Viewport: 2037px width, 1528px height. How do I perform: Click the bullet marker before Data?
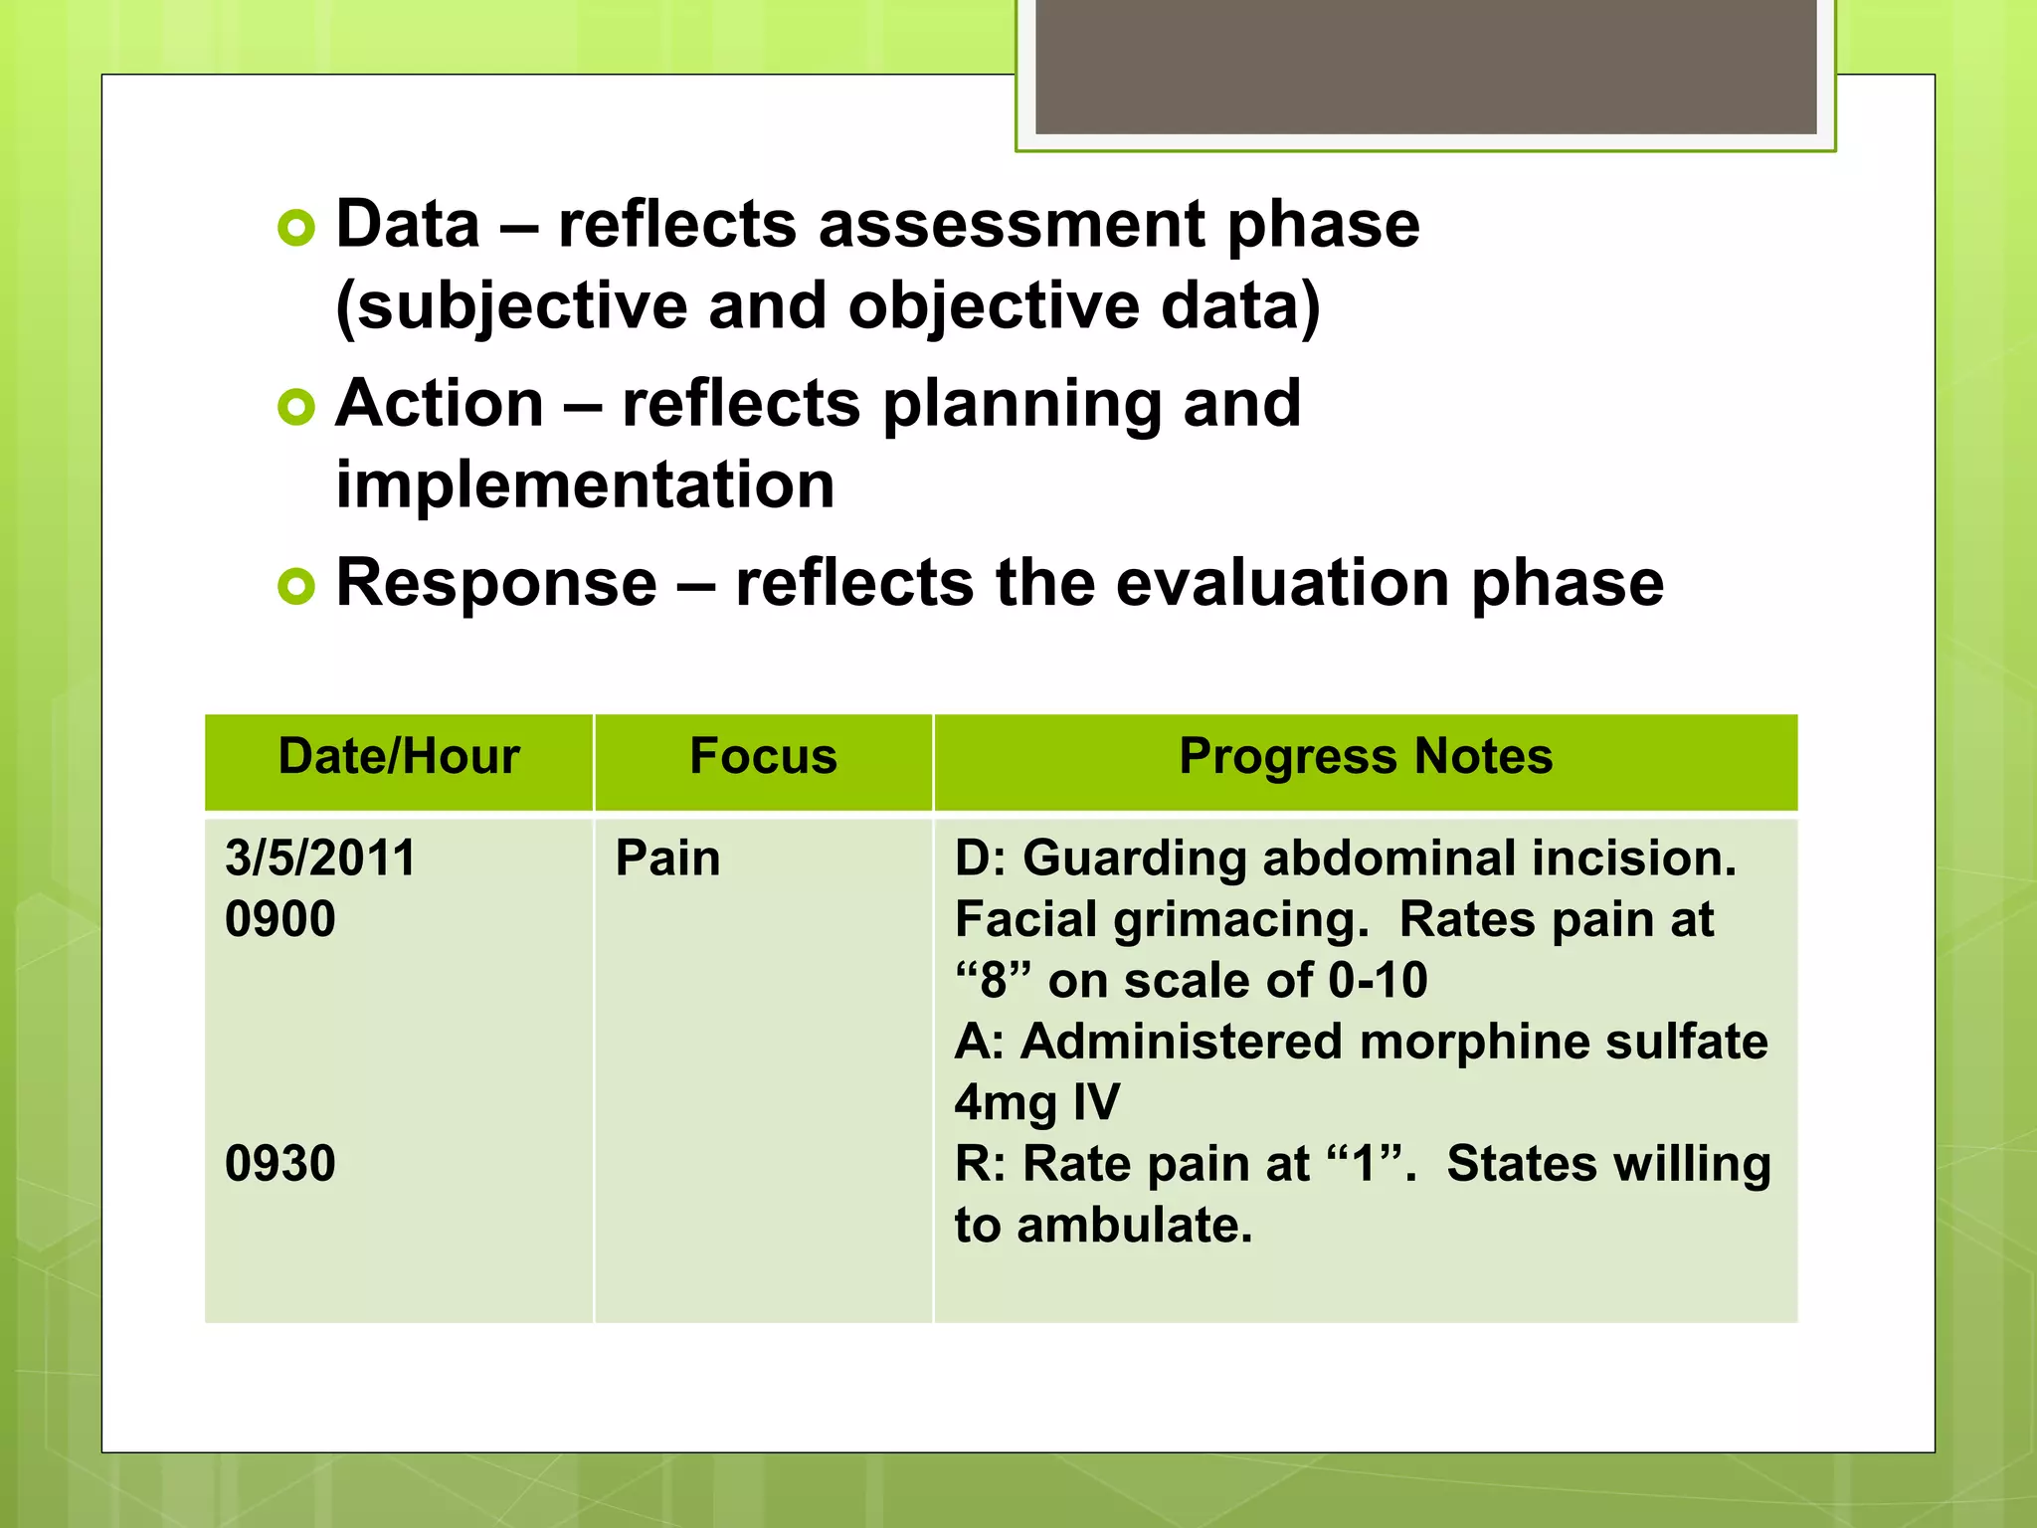pyautogui.click(x=296, y=228)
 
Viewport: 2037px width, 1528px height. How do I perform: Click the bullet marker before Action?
pyautogui.click(x=296, y=407)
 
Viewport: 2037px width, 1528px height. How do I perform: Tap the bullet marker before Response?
pyautogui.click(x=296, y=586)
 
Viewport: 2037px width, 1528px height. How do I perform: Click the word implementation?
pyautogui.click(x=585, y=485)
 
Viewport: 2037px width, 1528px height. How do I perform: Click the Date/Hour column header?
pyautogui.click(x=399, y=757)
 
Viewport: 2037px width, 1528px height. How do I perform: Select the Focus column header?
pyautogui.click(x=763, y=757)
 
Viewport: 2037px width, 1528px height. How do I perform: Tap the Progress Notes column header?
pyautogui.click(x=1365, y=757)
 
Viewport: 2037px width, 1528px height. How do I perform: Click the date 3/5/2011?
pyautogui.click(x=320, y=859)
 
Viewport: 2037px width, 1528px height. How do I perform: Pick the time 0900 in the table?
pyautogui.click(x=280, y=919)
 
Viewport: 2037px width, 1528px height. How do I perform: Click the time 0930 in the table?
pyautogui.click(x=280, y=1164)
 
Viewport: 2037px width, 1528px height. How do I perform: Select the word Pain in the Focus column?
pyautogui.click(x=667, y=859)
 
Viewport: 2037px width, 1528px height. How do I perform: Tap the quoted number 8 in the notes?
pyautogui.click(x=994, y=981)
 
